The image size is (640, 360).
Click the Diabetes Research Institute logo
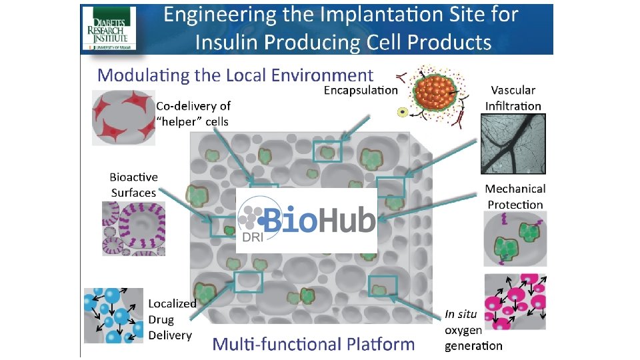tap(109, 28)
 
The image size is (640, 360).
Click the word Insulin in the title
tap(230, 43)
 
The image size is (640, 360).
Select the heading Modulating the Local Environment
tap(235, 75)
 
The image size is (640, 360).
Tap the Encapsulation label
tap(361, 89)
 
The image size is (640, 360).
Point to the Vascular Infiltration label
tap(513, 97)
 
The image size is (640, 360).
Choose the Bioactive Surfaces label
tap(133, 185)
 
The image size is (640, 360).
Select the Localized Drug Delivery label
tap(171, 319)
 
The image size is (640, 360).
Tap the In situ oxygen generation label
tap(473, 329)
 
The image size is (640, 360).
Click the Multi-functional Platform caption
tap(313, 344)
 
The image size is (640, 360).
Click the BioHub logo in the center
tap(307, 220)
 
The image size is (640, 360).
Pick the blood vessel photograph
tap(513, 143)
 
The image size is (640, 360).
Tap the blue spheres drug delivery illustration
tap(113, 315)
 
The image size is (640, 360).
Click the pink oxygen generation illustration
tap(515, 301)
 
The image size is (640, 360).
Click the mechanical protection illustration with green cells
tap(515, 239)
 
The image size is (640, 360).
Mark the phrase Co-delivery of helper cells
tap(193, 113)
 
